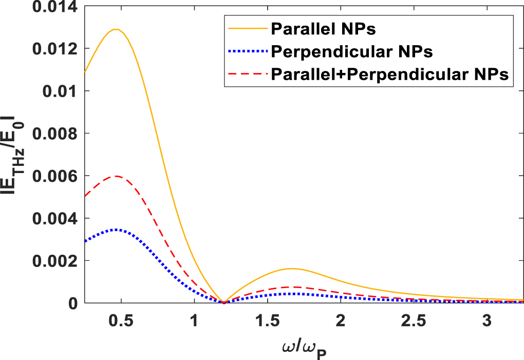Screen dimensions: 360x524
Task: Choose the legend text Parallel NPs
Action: coord(323,29)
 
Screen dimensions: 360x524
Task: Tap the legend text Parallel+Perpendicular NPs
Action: coord(390,74)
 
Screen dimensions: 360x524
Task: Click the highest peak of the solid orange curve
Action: coord(116,29)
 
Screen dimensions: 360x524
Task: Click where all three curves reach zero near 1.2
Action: coord(223,302)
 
